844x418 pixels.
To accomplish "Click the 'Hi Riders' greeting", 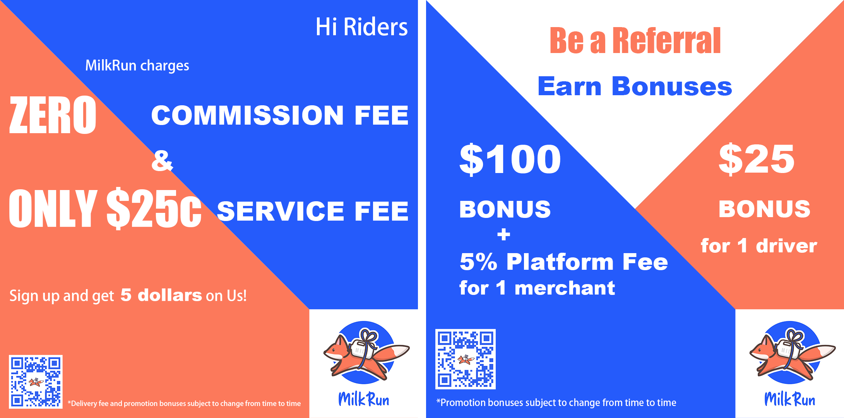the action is tap(361, 27).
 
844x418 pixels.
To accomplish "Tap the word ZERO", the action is tap(53, 115).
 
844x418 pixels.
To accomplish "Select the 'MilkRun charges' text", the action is tap(137, 66).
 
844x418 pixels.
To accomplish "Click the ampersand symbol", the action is tap(162, 161).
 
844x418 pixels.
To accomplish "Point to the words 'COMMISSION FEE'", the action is tap(280, 115).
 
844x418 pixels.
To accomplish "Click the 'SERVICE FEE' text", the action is tap(313, 211).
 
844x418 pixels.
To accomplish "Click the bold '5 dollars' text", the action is tap(161, 295).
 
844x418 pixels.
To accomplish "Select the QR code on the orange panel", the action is tap(36, 382).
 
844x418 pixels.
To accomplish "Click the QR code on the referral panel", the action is tap(466, 359).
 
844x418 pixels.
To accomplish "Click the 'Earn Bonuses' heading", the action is tap(635, 86).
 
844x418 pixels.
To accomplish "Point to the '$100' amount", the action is tap(510, 159).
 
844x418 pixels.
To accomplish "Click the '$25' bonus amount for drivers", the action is tap(757, 159).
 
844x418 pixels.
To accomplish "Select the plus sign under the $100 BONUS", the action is tap(504, 235).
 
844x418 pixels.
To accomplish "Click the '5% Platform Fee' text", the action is tap(564, 262).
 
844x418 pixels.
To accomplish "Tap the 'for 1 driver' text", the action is tap(759, 246).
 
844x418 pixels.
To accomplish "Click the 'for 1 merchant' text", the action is tap(537, 288).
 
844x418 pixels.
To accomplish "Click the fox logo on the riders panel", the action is tap(366, 353).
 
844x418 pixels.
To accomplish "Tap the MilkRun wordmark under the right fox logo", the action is tap(790, 399).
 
